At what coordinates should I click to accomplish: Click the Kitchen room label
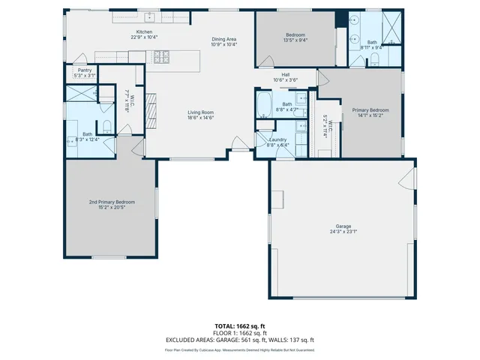tap(145, 32)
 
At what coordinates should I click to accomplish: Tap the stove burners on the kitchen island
tap(161, 55)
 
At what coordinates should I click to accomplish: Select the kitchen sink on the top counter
tap(150, 16)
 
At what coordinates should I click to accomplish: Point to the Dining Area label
tap(223, 39)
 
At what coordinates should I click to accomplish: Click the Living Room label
tap(200, 112)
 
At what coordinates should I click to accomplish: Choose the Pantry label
tap(84, 70)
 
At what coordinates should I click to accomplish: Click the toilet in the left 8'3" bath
tap(106, 126)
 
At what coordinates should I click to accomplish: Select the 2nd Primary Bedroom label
tap(112, 202)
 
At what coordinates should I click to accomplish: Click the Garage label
tap(343, 226)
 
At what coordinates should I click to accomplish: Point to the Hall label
tap(286, 74)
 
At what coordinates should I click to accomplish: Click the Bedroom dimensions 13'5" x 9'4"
tap(295, 40)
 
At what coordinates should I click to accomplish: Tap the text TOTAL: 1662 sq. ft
tap(239, 326)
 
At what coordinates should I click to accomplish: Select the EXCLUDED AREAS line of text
tap(239, 338)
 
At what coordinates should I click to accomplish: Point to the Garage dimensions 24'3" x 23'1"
tap(343, 231)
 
